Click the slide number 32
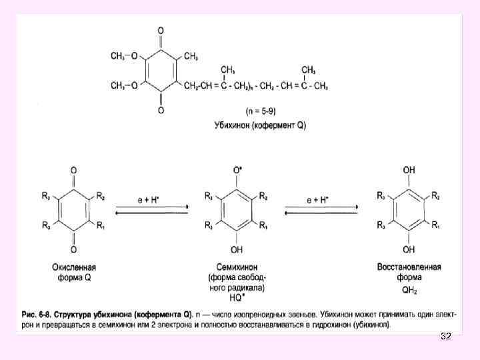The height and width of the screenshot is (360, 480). [x=446, y=337]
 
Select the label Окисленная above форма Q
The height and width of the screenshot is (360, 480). [x=73, y=267]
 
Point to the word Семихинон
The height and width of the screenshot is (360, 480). [x=237, y=267]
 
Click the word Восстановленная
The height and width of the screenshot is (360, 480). [x=409, y=267]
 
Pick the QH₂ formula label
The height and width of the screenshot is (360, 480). [x=409, y=289]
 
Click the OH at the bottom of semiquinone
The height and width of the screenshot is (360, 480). [x=237, y=251]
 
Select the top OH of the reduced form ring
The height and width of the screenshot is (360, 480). [x=409, y=171]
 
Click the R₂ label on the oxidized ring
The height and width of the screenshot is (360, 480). [x=100, y=196]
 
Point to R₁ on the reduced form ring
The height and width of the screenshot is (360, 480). [x=435, y=226]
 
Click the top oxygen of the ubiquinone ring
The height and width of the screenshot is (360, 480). [x=161, y=31]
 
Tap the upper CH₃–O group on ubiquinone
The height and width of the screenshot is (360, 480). [x=125, y=57]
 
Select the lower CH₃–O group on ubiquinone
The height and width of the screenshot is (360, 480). [x=125, y=85]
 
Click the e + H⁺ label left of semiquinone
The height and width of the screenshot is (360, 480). [x=151, y=199]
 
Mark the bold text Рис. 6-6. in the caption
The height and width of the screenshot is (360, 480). [x=39, y=313]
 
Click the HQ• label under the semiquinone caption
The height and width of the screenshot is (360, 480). [x=237, y=298]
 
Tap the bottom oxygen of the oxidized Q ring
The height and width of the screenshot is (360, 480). [x=73, y=251]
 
